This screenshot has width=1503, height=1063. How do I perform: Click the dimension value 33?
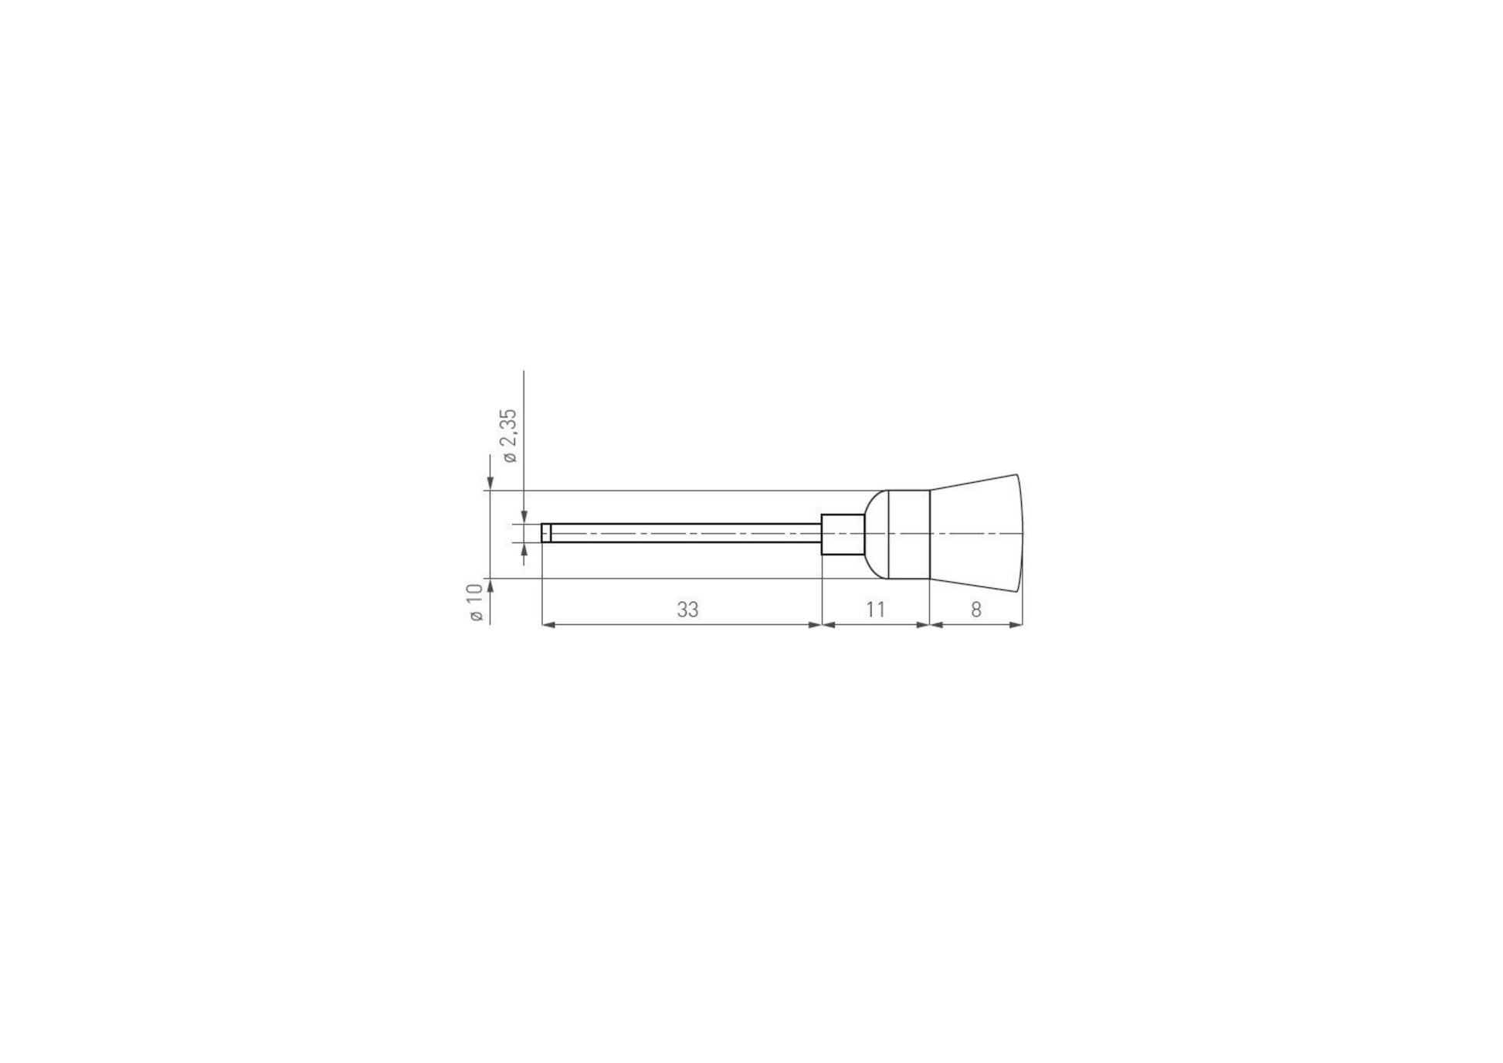(x=687, y=610)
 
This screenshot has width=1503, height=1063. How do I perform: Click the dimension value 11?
(x=875, y=610)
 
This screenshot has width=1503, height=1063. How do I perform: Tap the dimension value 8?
(x=976, y=610)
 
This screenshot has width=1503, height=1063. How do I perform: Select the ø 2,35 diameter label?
(x=509, y=436)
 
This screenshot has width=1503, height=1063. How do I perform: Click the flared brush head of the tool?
(x=976, y=533)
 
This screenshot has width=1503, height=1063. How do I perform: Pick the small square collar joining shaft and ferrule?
(x=843, y=534)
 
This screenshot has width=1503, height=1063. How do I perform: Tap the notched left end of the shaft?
(x=546, y=533)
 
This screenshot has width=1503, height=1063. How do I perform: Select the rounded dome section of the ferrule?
(x=876, y=534)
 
